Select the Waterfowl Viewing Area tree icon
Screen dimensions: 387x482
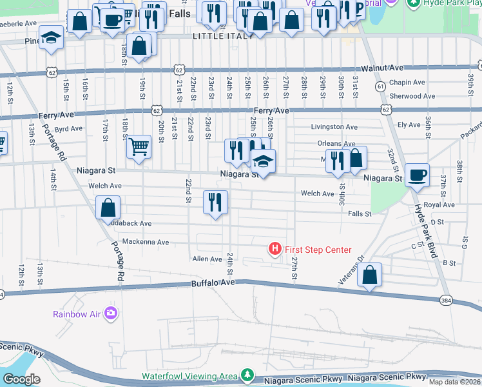246,375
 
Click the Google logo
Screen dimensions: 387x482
21,379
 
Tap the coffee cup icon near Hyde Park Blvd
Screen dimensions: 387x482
417,174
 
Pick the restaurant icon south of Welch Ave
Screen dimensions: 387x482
215,201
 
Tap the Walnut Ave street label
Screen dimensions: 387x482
381,67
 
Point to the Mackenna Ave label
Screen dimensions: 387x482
145,243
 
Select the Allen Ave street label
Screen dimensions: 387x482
207,259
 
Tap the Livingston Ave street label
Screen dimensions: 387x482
334,127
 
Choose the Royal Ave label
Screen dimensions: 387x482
439,205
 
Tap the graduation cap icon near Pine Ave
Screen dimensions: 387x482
51,37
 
